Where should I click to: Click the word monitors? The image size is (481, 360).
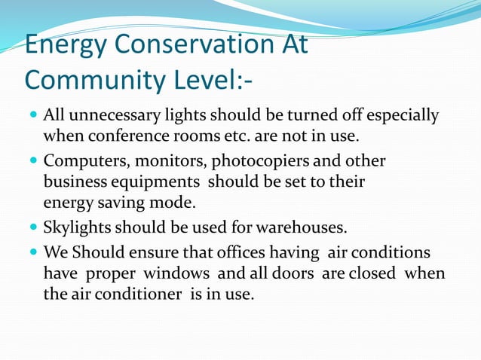[x=172, y=162]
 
